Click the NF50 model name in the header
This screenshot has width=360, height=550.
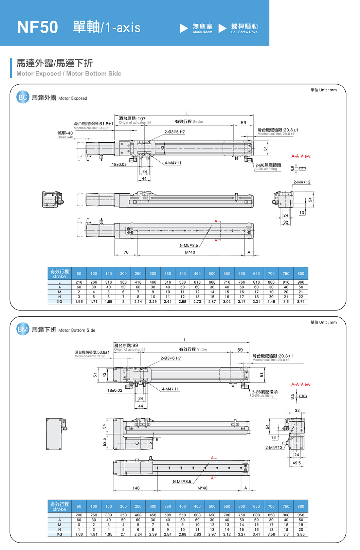click(x=37, y=27)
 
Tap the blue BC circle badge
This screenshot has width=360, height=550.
click(x=23, y=97)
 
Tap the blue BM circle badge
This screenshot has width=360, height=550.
click(x=23, y=329)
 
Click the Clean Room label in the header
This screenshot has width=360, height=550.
click(x=202, y=29)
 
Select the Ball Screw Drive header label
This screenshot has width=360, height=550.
click(x=244, y=29)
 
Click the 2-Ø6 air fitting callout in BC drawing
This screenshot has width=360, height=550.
click(x=268, y=166)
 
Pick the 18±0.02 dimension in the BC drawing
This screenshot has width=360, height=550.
click(x=119, y=164)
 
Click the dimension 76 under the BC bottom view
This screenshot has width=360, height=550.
click(x=126, y=252)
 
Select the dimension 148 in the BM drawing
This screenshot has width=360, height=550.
click(x=136, y=488)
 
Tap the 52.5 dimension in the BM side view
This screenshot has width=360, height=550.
click(x=104, y=442)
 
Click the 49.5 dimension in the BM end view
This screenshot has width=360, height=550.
click(x=296, y=463)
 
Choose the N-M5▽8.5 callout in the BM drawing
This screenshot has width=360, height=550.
click(x=182, y=481)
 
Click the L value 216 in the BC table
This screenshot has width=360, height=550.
click(x=79, y=282)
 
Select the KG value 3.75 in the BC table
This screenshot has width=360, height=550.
click(x=301, y=301)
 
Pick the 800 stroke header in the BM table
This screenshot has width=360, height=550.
click(x=301, y=506)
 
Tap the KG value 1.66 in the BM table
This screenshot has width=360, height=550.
click(x=79, y=534)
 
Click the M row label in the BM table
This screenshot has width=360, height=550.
click(x=59, y=525)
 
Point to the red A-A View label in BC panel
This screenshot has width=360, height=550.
click(x=301, y=156)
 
